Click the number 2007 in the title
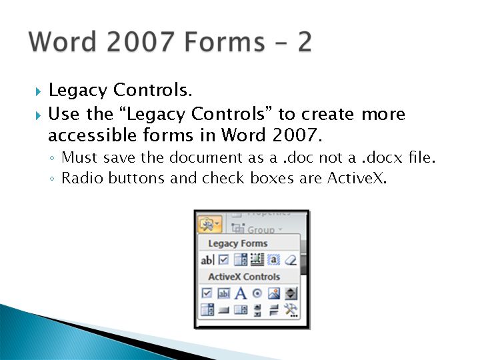point(140,41)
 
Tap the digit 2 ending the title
point(305,41)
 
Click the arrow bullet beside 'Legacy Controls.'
point(38,91)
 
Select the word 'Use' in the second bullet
point(63,114)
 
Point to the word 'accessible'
point(92,135)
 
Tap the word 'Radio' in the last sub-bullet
point(82,178)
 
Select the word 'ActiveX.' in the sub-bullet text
point(357,178)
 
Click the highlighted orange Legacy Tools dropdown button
point(210,225)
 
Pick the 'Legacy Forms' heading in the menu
point(238,244)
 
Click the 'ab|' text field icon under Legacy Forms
point(207,260)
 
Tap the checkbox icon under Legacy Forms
point(224,260)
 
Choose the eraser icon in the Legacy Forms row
point(291,260)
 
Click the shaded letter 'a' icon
point(274,260)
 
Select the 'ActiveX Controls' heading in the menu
point(244,277)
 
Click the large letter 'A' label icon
point(241,293)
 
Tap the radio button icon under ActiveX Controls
point(257,293)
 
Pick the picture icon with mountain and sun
point(274,293)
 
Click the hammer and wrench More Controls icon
point(291,310)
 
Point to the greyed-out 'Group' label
point(261,229)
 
